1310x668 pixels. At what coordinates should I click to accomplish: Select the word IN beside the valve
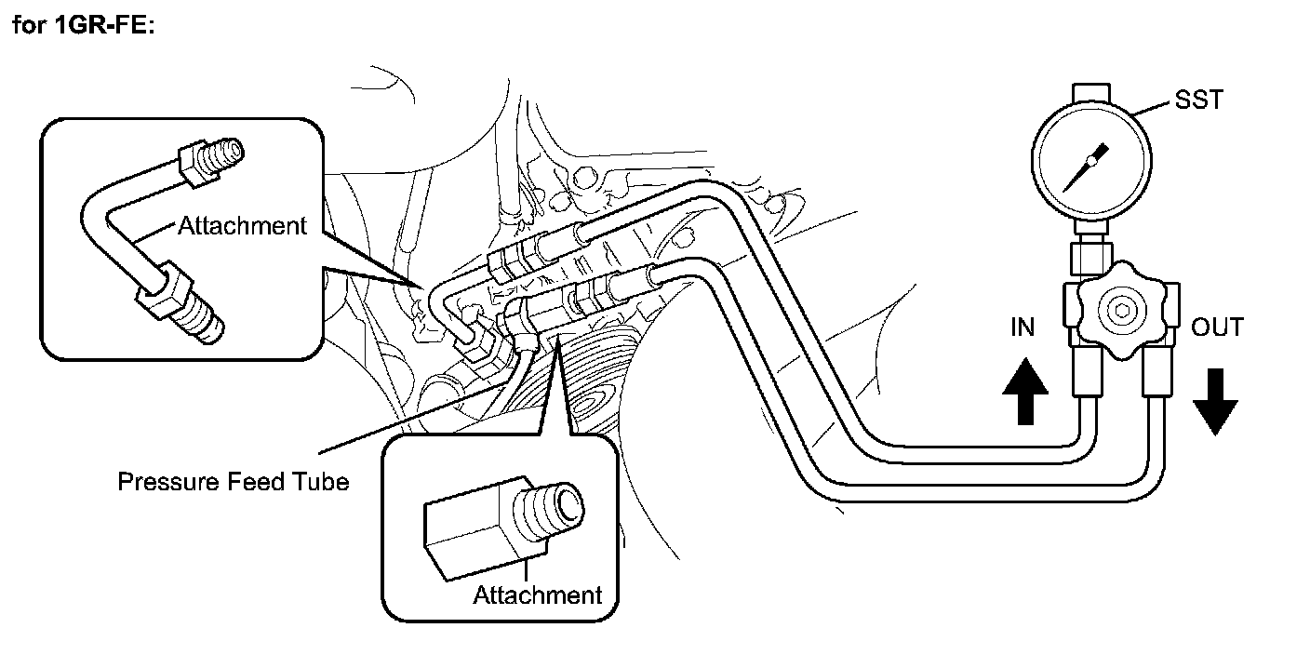coord(1023,327)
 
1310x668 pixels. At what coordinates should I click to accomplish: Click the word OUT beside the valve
coord(1217,327)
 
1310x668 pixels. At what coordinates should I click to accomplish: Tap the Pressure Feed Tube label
coord(233,482)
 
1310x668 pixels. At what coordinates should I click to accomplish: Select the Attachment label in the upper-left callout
coord(242,226)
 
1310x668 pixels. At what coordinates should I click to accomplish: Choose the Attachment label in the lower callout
coord(538,595)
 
